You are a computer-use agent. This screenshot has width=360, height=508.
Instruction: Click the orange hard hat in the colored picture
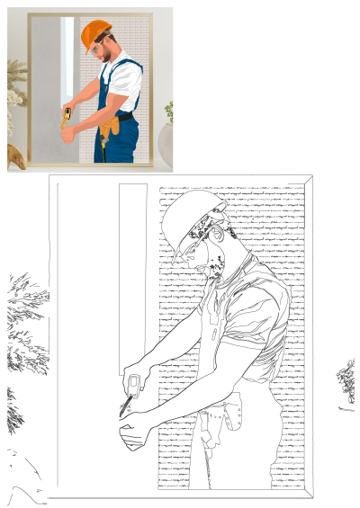click(94, 34)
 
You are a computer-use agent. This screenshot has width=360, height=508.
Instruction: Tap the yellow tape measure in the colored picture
click(67, 115)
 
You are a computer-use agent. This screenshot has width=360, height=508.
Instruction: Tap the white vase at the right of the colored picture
click(166, 144)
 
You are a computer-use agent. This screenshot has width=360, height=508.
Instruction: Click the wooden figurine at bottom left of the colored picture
click(15, 157)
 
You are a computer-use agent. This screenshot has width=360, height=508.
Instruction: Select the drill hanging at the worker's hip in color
click(103, 144)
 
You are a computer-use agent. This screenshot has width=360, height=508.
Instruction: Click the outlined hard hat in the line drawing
click(193, 220)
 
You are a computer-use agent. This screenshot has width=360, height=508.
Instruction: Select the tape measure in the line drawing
click(133, 388)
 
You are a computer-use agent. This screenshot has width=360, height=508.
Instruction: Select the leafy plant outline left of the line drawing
click(22, 333)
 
